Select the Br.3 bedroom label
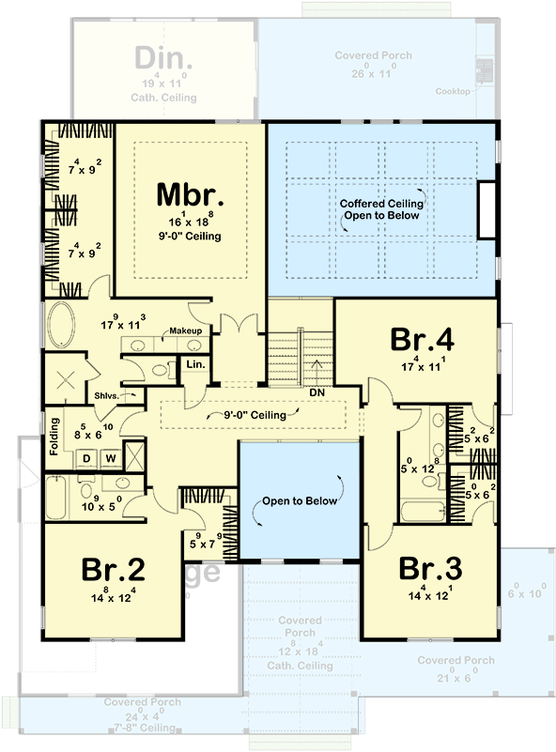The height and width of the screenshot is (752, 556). click(430, 569)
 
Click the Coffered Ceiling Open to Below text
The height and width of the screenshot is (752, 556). click(380, 208)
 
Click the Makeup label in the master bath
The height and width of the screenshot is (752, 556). click(186, 331)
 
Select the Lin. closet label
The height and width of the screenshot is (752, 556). click(195, 363)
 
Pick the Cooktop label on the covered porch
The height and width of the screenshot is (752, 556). click(453, 92)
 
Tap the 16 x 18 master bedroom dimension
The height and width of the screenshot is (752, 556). click(190, 223)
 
